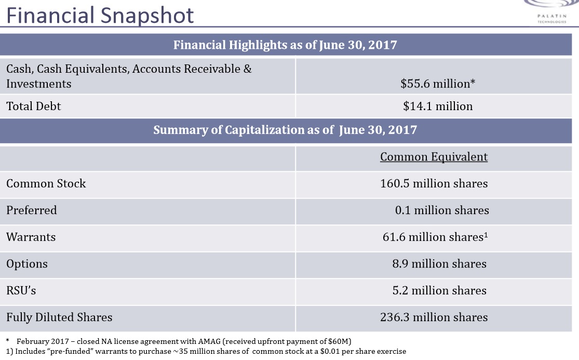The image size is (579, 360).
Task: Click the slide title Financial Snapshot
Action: [x=100, y=15]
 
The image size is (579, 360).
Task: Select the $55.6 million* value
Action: [x=438, y=83]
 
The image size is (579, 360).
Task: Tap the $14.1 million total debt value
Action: [x=438, y=106]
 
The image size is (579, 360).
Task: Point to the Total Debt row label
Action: [x=34, y=106]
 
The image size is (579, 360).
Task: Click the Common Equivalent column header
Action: [x=434, y=157]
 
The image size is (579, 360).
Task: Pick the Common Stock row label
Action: [x=46, y=183]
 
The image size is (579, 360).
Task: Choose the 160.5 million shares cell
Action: [x=434, y=183]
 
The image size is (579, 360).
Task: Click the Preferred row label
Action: [x=32, y=210]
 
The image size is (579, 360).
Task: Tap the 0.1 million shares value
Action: [x=441, y=210]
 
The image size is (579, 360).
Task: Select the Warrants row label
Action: [x=31, y=237]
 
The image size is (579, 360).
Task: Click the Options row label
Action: [x=27, y=264]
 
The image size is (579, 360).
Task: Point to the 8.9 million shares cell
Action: [x=439, y=264]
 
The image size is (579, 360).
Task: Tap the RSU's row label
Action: [x=21, y=291]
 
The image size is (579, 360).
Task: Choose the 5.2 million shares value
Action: [x=439, y=291]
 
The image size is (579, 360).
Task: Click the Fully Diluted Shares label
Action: [x=59, y=317]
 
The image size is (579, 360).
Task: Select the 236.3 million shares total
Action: [x=434, y=317]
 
